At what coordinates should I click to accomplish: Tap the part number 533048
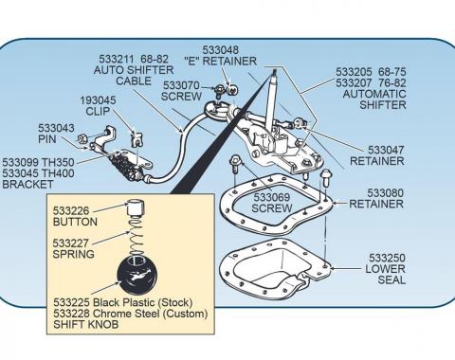221,49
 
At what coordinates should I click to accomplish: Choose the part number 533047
386,150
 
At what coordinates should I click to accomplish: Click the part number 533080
386,192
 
